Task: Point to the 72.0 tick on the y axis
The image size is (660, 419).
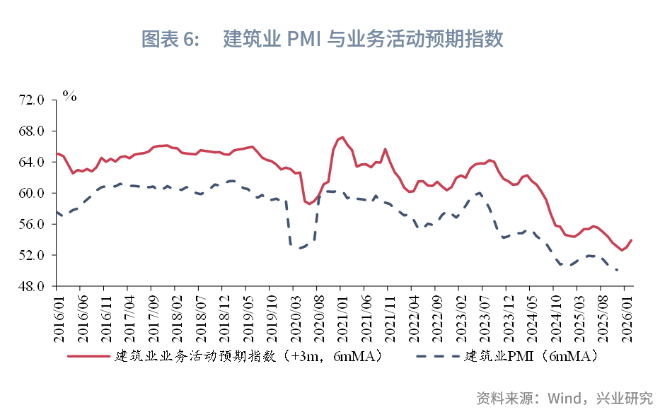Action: click(x=33, y=100)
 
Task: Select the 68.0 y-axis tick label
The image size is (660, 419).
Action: click(x=33, y=131)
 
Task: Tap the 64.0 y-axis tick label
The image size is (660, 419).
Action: click(x=33, y=163)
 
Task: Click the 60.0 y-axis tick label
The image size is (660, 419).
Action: click(x=33, y=194)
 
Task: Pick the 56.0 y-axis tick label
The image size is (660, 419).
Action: click(x=33, y=225)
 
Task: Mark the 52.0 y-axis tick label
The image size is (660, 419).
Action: click(x=33, y=256)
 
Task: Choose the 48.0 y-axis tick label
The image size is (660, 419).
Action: click(x=33, y=287)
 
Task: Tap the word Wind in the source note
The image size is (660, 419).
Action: click(x=563, y=398)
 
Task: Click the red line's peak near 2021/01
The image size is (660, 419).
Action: click(x=342, y=137)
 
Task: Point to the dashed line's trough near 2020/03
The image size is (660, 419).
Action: click(x=297, y=248)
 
